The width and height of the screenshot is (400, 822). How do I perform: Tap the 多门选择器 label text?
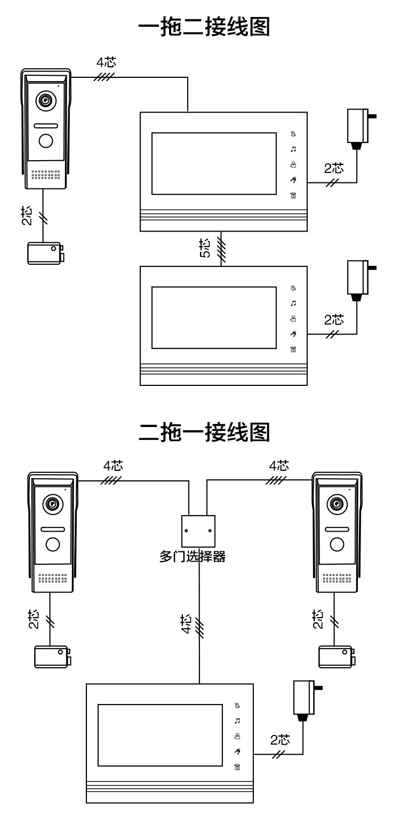pyautogui.click(x=193, y=557)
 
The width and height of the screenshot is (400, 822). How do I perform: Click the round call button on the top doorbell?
pyautogui.click(x=45, y=140)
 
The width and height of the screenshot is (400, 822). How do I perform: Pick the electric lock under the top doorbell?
pyautogui.click(x=46, y=252)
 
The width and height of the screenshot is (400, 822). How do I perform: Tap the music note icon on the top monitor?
pyautogui.click(x=293, y=150)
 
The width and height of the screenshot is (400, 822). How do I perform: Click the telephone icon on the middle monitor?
pyautogui.click(x=293, y=350)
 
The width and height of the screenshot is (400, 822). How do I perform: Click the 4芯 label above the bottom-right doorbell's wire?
pyautogui.click(x=279, y=465)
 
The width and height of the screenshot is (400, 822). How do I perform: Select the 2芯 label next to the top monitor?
pyautogui.click(x=334, y=169)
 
